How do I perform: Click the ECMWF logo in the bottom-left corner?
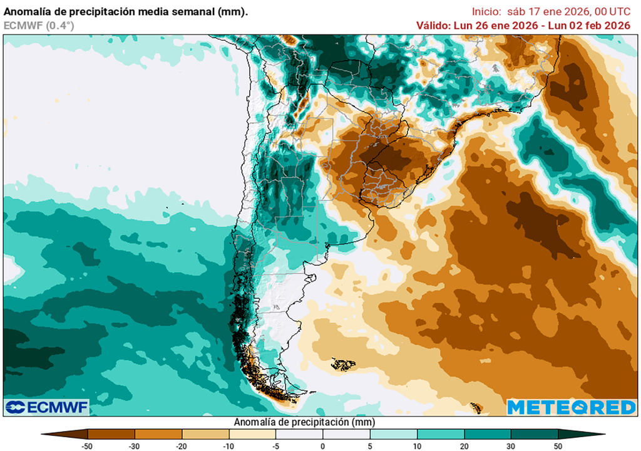(x=47, y=407)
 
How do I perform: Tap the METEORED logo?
(x=571, y=407)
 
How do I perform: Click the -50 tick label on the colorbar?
(x=88, y=445)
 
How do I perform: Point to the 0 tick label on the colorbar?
(x=323, y=445)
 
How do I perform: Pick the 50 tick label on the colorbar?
(x=558, y=445)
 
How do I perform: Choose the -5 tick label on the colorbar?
(x=275, y=445)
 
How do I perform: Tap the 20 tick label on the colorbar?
(x=464, y=445)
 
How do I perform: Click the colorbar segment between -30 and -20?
(x=158, y=433)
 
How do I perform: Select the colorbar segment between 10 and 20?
(x=440, y=433)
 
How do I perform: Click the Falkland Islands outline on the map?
(x=344, y=364)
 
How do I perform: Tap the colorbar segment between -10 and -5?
(x=252, y=433)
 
